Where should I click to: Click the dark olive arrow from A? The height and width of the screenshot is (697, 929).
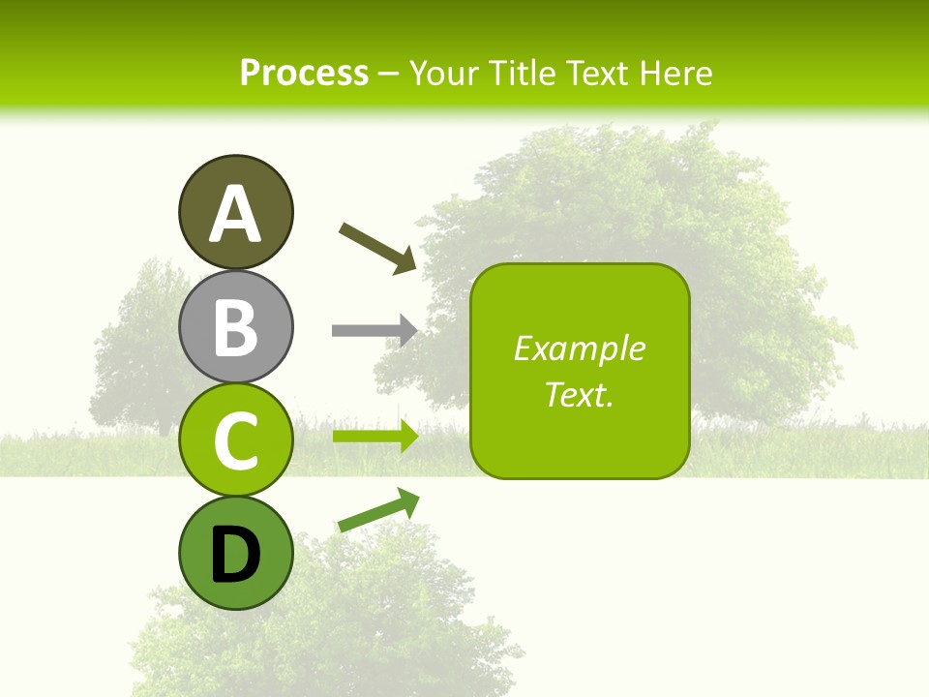tap(378, 247)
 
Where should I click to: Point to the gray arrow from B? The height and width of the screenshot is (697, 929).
tap(375, 330)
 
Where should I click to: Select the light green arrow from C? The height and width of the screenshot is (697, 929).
tap(375, 436)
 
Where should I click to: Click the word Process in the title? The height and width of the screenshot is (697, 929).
tap(304, 73)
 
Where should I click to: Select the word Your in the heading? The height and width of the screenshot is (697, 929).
tap(443, 73)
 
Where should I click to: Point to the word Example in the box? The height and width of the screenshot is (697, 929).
tap(579, 348)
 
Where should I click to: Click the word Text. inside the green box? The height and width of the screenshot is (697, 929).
tap(579, 395)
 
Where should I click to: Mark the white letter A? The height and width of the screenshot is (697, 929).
tap(235, 215)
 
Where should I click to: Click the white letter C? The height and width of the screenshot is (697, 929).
tap(235, 440)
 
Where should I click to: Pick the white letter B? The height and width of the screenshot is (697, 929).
tap(235, 327)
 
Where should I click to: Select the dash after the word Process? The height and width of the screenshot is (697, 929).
tap(388, 74)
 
